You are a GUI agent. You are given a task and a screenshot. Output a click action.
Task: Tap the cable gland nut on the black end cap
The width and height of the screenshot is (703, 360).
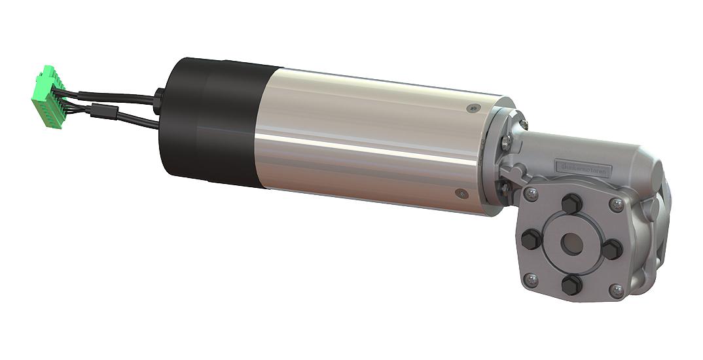158,101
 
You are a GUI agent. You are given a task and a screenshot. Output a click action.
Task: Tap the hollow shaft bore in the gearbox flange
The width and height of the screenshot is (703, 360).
571,243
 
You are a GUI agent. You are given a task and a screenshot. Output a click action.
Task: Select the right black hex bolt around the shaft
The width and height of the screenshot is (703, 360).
611,249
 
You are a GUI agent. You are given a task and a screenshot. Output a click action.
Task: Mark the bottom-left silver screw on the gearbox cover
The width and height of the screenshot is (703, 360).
532,279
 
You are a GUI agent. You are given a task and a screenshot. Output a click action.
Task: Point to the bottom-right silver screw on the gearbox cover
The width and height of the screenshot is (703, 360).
615,289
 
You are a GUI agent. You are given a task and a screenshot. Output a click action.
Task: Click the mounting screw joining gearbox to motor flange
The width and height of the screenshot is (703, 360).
506,140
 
